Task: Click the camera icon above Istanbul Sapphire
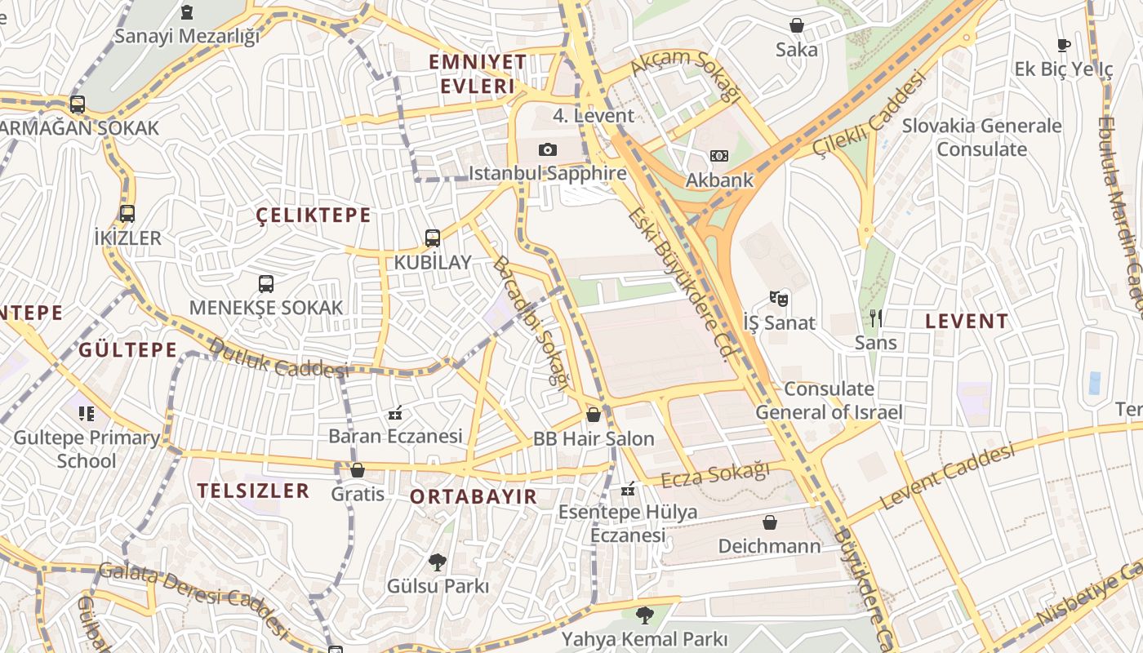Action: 547,149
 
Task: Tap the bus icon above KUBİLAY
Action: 433,238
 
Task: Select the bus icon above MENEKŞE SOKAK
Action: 266,284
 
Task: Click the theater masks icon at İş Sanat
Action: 779,299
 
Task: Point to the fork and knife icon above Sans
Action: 875,318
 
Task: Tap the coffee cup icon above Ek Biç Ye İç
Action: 1063,46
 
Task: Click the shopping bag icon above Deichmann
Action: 769,522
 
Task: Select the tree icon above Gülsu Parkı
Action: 438,562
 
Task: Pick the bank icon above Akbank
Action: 719,156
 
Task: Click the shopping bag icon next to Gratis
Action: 357,470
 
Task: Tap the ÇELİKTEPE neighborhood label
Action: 314,215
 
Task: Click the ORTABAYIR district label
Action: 474,496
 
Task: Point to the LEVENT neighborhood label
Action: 967,322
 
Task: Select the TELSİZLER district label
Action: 253,491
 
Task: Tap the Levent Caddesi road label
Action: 947,477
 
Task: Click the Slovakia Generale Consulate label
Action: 981,137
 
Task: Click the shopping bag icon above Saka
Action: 796,26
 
